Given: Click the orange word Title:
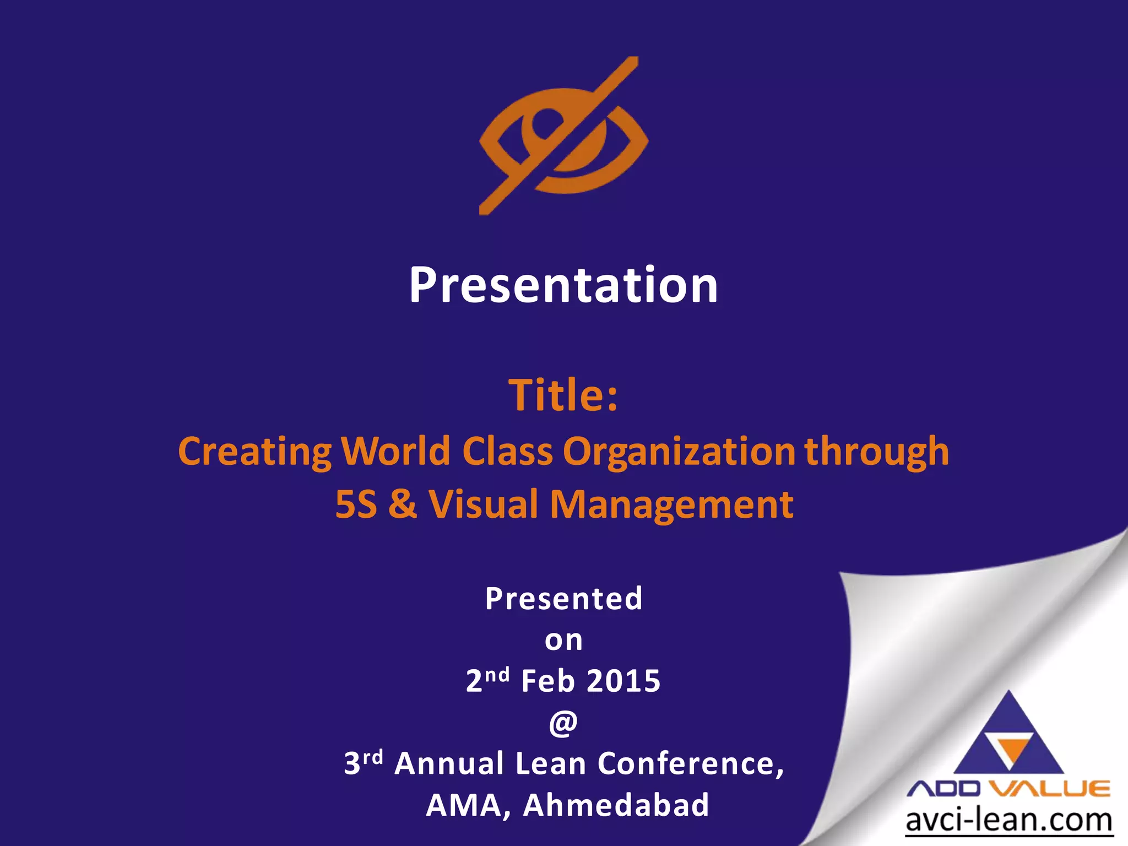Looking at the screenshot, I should (563, 395).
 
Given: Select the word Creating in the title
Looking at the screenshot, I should (254, 452).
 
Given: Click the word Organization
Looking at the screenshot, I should (679, 452).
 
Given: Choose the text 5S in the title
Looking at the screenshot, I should (356, 505).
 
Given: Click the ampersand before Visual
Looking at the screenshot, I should (403, 505).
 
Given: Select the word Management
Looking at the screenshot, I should (671, 506).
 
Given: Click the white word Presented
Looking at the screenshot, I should (563, 599).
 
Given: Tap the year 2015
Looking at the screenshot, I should (623, 681).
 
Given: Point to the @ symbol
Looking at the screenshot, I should (563, 723).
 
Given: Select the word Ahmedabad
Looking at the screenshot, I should (616, 805).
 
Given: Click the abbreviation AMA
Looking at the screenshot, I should (463, 805).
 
